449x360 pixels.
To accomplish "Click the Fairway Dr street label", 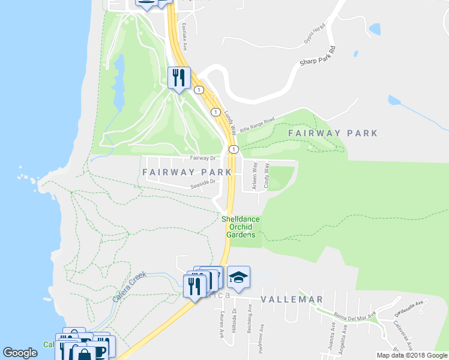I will [x=202, y=158].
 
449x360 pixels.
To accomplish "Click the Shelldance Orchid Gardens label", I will [x=241, y=227].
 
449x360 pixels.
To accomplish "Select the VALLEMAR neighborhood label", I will [x=292, y=299].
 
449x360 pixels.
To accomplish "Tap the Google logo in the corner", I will [x=20, y=353].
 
